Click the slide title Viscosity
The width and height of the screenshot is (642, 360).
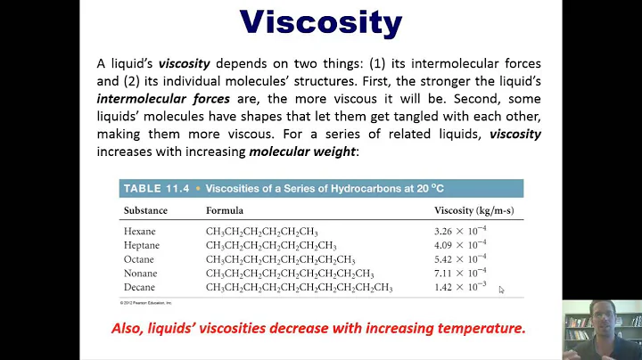pos(321,22)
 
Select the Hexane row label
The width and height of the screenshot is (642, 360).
pos(140,232)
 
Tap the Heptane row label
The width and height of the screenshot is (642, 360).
pos(142,245)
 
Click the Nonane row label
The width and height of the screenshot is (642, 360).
pos(141,273)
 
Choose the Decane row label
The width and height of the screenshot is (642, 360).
pos(140,287)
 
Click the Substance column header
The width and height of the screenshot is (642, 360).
pos(145,211)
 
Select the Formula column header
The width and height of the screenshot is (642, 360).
pos(225,211)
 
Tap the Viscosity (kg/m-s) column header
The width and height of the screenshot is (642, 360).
pos(473,211)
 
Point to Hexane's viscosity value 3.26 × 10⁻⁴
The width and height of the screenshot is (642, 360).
pos(460,232)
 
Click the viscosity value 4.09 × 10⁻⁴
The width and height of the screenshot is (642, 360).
pos(460,245)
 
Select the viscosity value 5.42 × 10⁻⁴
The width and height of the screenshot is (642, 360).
pos(460,259)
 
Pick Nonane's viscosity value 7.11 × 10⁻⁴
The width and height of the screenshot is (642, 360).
pos(460,273)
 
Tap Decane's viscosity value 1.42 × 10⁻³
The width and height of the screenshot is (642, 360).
pos(460,287)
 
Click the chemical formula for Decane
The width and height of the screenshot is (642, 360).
pos(299,287)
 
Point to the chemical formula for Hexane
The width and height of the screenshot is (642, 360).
pos(262,232)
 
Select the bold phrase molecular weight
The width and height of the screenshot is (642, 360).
pos(301,151)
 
